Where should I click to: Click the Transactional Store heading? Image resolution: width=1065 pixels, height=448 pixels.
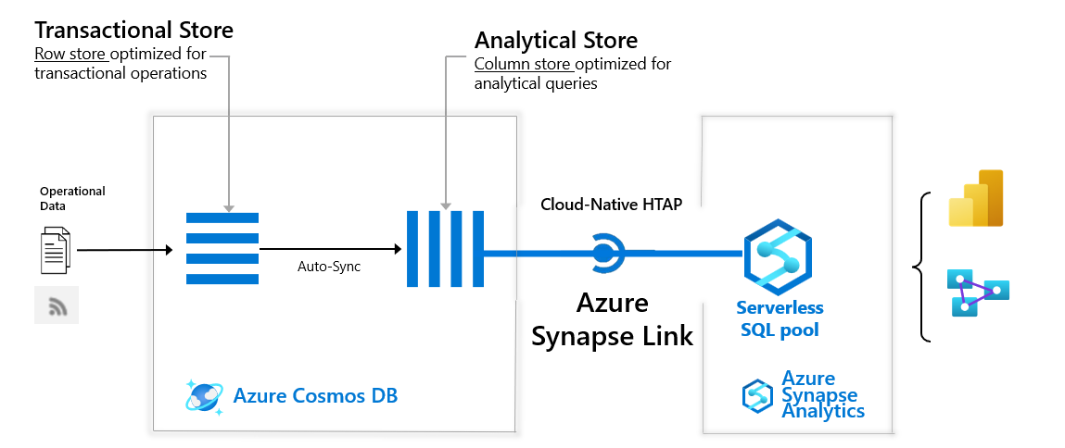tap(133, 30)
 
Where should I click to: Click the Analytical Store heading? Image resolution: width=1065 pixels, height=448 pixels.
tap(556, 41)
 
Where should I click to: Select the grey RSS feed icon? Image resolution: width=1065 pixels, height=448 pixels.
tap(57, 305)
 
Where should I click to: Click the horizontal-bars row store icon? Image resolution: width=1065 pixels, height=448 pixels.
tap(222, 249)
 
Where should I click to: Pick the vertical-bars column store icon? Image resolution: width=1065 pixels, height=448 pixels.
tap(445, 249)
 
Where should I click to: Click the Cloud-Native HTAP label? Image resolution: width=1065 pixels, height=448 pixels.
tap(611, 205)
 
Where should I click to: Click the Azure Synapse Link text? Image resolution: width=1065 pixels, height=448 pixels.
tap(612, 319)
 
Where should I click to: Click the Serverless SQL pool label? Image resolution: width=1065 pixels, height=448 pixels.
tap(780, 318)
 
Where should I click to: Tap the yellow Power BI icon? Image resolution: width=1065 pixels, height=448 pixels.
tap(976, 198)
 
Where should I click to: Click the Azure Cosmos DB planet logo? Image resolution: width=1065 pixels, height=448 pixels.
tap(203, 395)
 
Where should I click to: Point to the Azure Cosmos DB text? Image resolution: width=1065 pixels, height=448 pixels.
tap(315, 396)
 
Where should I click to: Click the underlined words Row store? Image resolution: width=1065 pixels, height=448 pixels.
tap(70, 54)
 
